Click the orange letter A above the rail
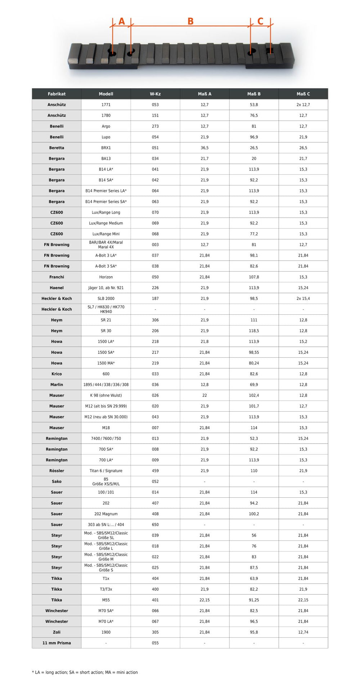[122, 22]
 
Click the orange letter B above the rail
[190, 22]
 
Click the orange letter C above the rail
[260, 22]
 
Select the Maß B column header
[254, 94]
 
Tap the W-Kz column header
[155, 94]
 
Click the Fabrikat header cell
[57, 94]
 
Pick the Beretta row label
[57, 148]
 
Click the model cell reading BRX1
[106, 148]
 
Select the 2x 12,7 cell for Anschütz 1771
[303, 105]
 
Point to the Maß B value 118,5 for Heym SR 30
[254, 331]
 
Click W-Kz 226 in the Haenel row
[155, 288]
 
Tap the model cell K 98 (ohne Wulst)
[106, 395]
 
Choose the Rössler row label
[57, 471]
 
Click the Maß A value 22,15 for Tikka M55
[204, 600]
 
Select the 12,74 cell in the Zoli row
[303, 632]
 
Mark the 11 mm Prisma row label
[57, 643]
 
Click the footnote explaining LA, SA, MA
[85, 672]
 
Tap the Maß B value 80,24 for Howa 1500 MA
[254, 363]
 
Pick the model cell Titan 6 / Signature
[106, 471]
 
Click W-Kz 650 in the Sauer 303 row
[155, 525]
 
